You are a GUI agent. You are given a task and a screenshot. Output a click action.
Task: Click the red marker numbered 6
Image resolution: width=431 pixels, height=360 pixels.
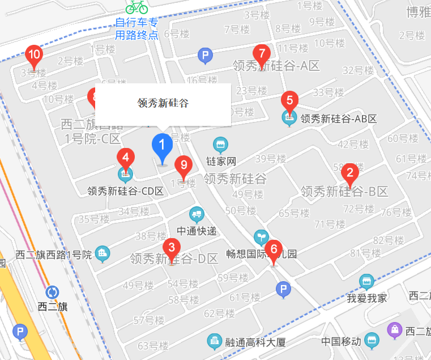point(274,250)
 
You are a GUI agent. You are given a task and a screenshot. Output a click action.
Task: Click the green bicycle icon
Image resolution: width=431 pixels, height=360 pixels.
point(136,7)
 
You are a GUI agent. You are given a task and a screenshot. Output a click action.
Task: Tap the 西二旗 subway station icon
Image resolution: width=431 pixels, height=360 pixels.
point(52,292)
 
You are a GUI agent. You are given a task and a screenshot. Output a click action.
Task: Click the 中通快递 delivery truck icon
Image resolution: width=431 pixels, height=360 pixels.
point(195,215)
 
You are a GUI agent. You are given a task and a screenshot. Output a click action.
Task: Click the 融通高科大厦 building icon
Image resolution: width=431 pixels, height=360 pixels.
point(214,341)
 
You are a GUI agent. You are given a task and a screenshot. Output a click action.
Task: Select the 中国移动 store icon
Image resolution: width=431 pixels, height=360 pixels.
point(372,341)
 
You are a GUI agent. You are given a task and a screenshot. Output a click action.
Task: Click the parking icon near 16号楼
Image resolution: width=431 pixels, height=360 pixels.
point(205,56)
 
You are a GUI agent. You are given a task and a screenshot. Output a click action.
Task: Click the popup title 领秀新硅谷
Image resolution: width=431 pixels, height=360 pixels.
point(163,103)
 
